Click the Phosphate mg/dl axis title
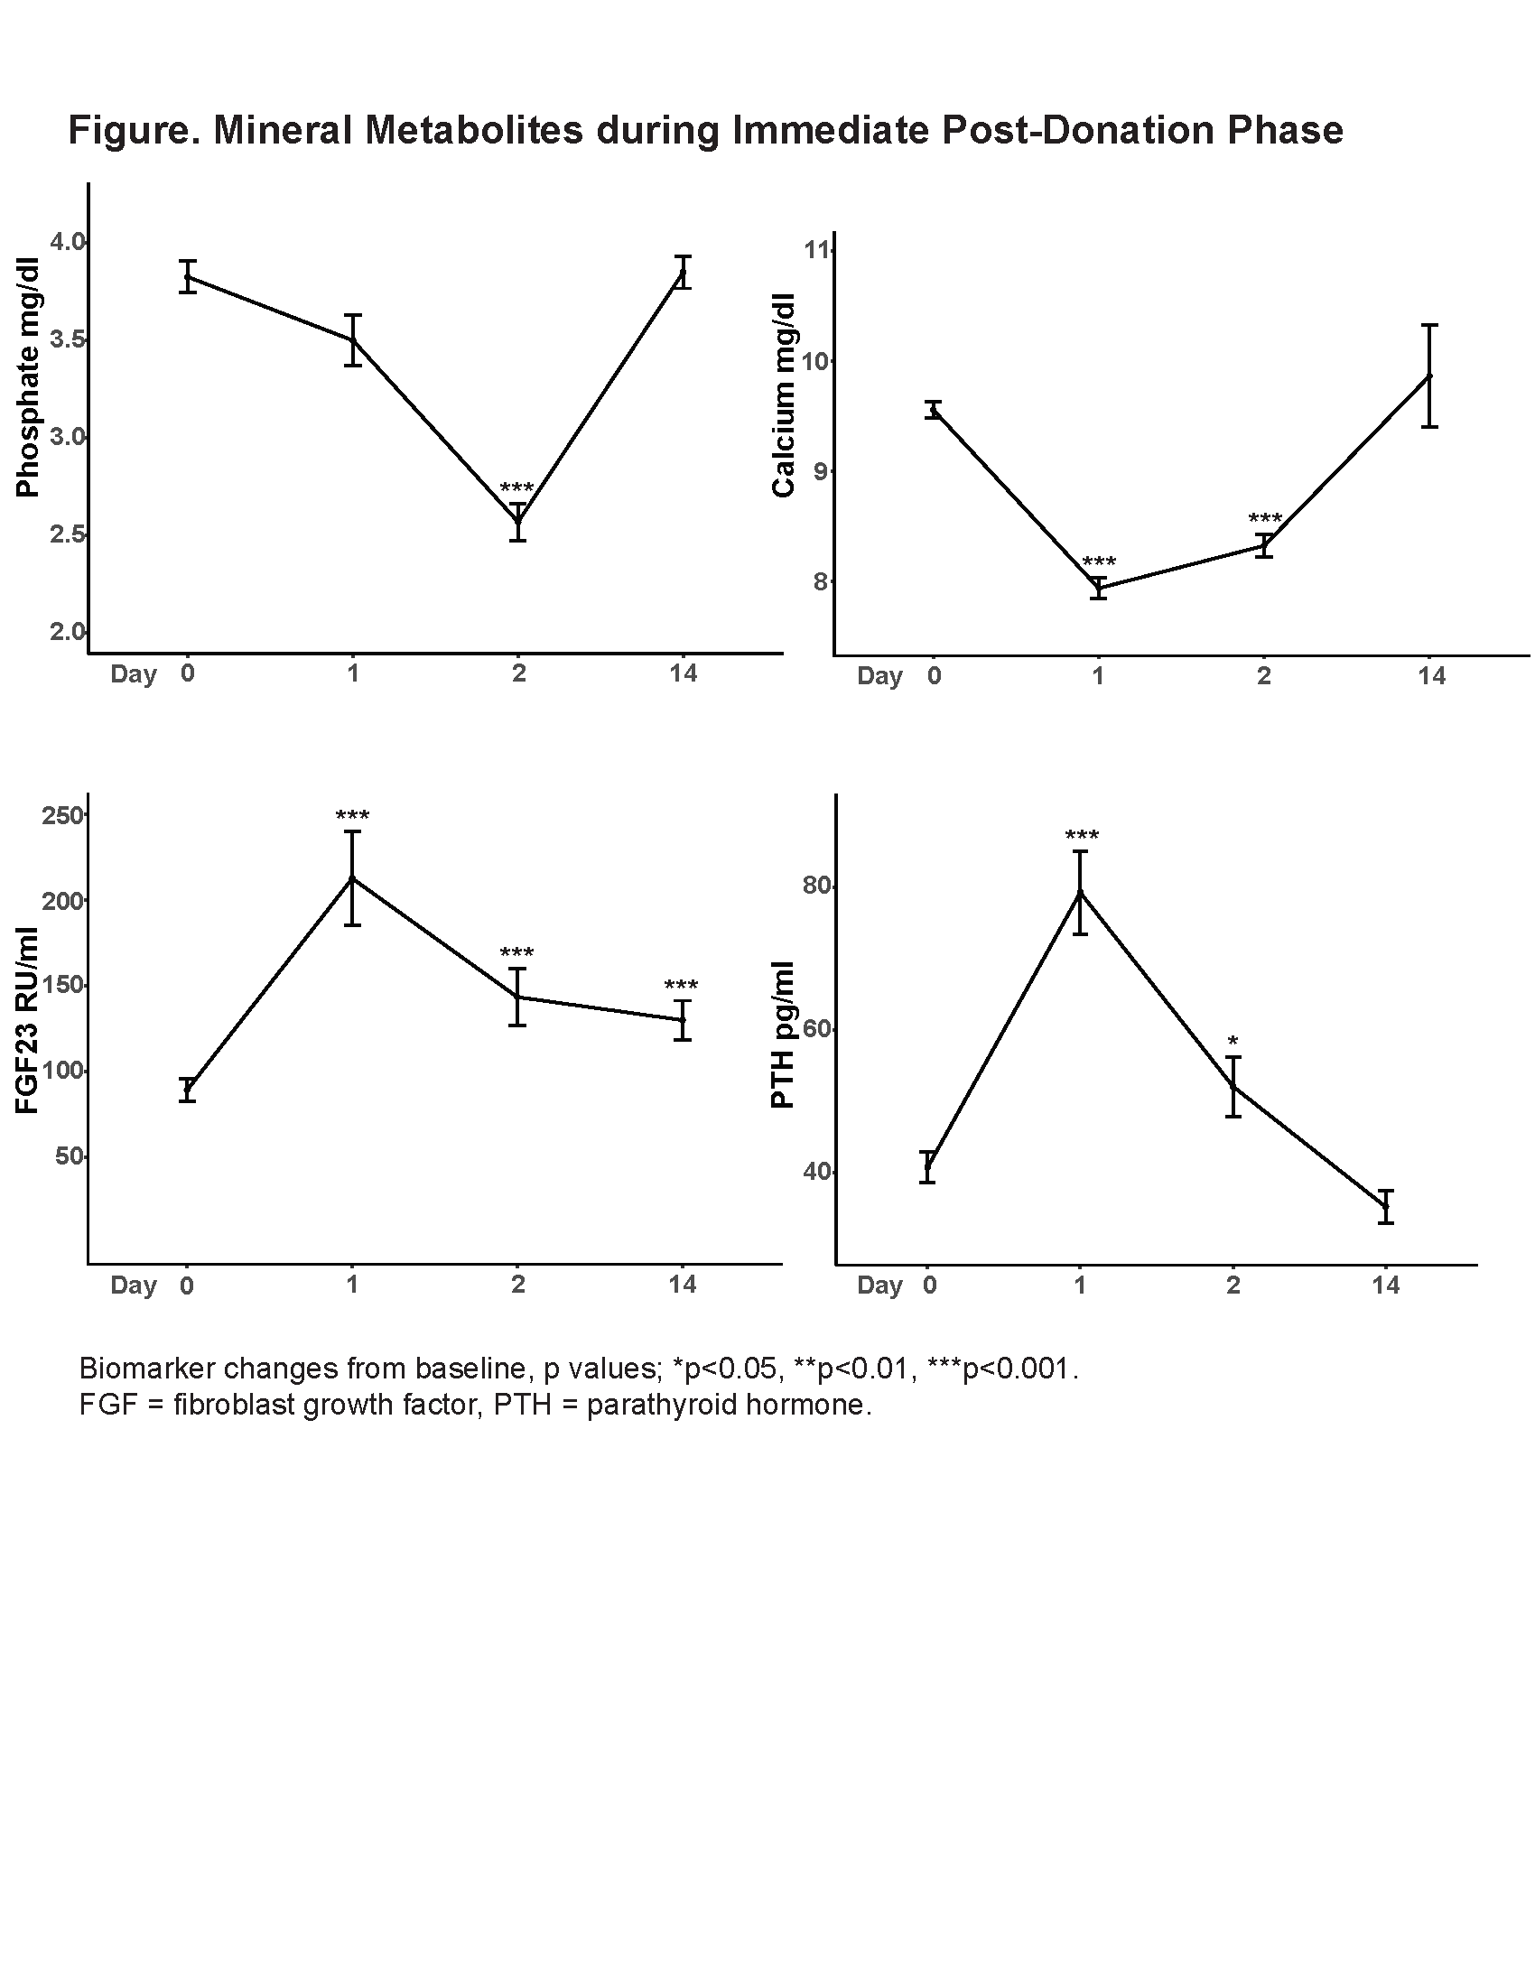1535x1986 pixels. click(28, 377)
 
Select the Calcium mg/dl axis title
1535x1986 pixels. click(784, 394)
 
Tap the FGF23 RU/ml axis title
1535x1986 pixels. click(28, 1020)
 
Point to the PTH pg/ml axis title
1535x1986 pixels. click(783, 1035)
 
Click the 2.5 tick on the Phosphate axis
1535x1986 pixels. click(67, 534)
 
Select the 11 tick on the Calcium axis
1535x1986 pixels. click(818, 249)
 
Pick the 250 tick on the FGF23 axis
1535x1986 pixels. click(62, 815)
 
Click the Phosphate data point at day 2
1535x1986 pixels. click(518, 522)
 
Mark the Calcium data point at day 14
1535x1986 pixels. click(1429, 376)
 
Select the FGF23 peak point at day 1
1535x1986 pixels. click(353, 878)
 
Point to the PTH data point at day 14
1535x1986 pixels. click(1385, 1207)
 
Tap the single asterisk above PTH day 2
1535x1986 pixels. click(1233, 1041)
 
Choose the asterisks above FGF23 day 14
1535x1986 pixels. click(681, 985)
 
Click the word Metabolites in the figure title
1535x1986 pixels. click(474, 130)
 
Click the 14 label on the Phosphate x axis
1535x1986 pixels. click(683, 672)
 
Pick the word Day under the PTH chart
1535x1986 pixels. click(879, 1285)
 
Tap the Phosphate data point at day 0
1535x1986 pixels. click(187, 276)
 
